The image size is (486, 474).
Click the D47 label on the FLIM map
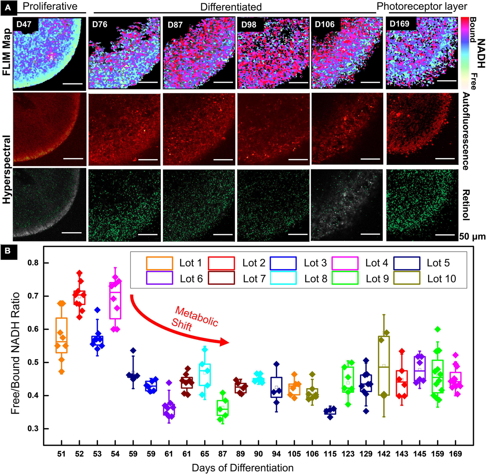[24, 24]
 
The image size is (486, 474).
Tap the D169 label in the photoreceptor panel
[400, 23]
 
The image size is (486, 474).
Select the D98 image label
[249, 24]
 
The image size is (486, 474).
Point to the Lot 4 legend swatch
[345, 263]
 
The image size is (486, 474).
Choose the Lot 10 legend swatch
[406, 278]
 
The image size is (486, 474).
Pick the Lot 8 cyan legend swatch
[283, 278]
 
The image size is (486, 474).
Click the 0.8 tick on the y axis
[33, 263]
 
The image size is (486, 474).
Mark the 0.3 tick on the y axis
[33, 429]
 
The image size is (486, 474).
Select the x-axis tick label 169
[456, 454]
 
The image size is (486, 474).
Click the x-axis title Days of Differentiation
[243, 468]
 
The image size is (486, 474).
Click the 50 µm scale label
[472, 237]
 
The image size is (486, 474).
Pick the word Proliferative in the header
[50, 6]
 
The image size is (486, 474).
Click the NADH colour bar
[464, 53]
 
